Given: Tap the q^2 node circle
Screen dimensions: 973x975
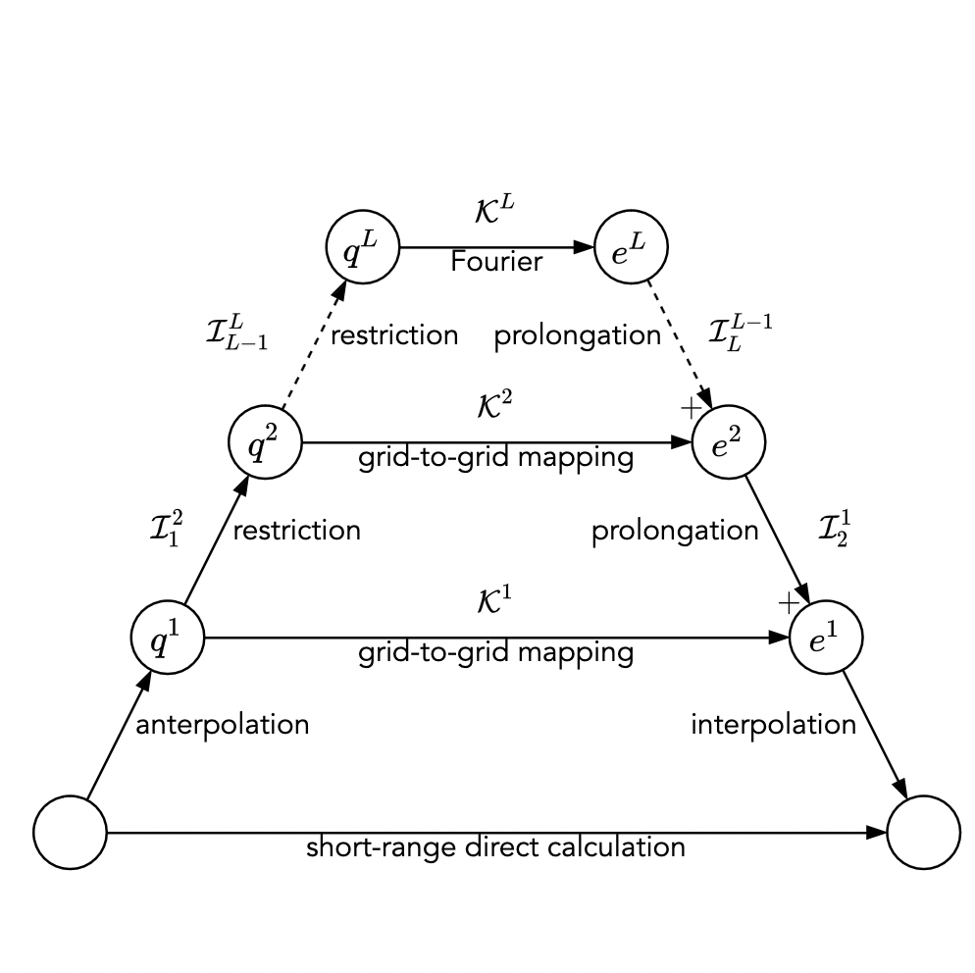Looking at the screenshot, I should click(x=265, y=442).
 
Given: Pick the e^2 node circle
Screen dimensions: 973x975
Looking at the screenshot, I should click(x=728, y=442).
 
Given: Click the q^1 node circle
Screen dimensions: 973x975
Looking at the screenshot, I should click(x=168, y=638).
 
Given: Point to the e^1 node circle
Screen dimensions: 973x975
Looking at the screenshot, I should click(x=825, y=638).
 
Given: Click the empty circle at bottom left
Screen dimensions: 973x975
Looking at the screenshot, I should click(x=70, y=833).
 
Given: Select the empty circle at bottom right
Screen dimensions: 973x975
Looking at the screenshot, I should click(x=923, y=833).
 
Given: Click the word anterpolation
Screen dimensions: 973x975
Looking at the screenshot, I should click(x=222, y=725).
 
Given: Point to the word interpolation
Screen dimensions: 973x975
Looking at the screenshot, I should click(x=773, y=725).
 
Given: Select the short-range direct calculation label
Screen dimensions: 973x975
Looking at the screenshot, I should click(x=495, y=846).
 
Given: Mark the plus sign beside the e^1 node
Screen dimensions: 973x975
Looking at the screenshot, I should click(x=789, y=603).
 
